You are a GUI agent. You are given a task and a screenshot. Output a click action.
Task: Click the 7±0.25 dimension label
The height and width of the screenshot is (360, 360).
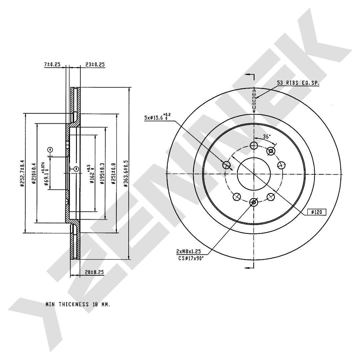point(52,65)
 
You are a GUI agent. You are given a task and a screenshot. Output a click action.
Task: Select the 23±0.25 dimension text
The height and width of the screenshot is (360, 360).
point(95,65)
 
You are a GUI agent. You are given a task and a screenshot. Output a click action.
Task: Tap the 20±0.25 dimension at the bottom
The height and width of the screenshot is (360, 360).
point(94,272)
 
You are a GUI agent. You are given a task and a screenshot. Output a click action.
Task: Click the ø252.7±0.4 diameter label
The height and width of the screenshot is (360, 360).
point(22,173)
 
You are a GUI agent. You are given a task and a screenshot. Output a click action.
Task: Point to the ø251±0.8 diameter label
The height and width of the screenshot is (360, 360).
point(113,173)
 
